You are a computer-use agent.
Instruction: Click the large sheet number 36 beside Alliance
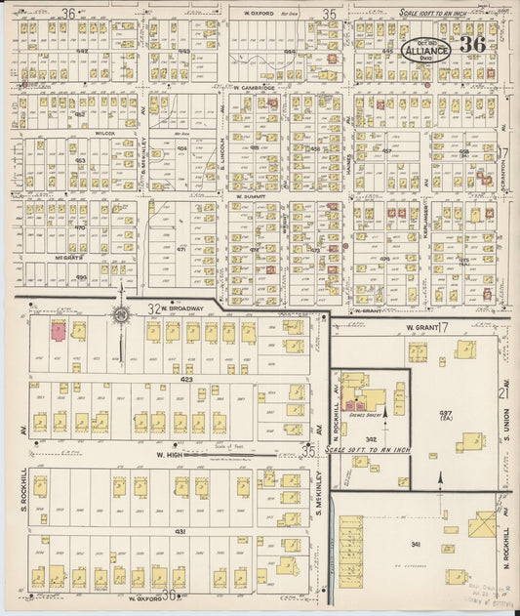coord(473,46)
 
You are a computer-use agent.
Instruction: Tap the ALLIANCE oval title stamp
coord(425,50)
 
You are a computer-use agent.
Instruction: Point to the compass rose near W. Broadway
coord(121,314)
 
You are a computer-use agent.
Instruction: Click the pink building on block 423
coord(58,332)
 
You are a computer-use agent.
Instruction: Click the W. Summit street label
coord(252,195)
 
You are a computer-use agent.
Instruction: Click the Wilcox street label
coord(104,133)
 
